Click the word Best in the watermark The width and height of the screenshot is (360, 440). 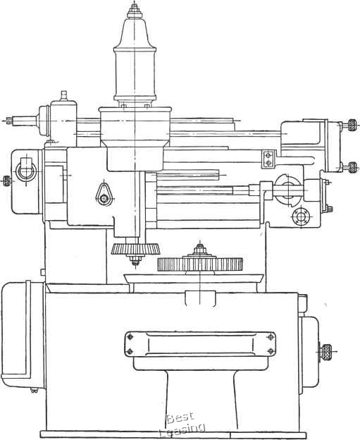tap(180, 419)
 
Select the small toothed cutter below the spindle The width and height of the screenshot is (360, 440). tap(136, 249)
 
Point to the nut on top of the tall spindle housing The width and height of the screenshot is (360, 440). tap(135, 13)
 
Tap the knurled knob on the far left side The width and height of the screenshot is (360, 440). tap(6, 181)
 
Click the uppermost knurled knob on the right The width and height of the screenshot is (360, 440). tap(352, 125)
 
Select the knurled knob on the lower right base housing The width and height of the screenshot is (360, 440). tap(326, 351)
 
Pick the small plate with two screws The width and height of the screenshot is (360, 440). tap(268, 159)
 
